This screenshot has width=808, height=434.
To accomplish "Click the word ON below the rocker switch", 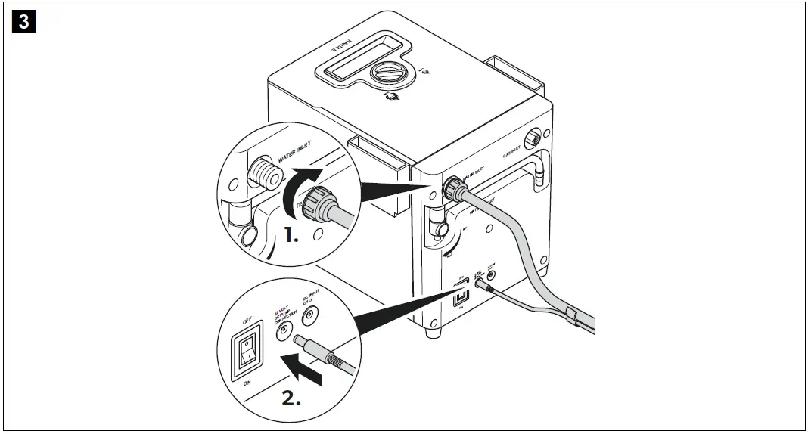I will pyautogui.click(x=247, y=383).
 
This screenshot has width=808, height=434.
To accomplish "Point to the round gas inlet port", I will pyautogui.click(x=536, y=138).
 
